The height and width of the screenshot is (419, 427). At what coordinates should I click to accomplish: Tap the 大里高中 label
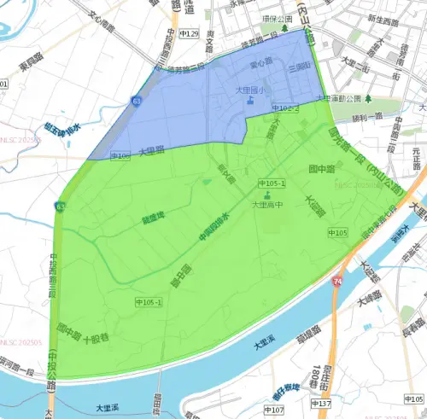[266, 205]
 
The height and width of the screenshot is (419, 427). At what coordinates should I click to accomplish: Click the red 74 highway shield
[339, 281]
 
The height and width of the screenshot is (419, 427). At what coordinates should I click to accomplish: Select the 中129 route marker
[189, 34]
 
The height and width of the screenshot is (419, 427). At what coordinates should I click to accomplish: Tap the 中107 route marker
[275, 410]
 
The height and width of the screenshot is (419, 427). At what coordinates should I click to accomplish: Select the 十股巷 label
[96, 338]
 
